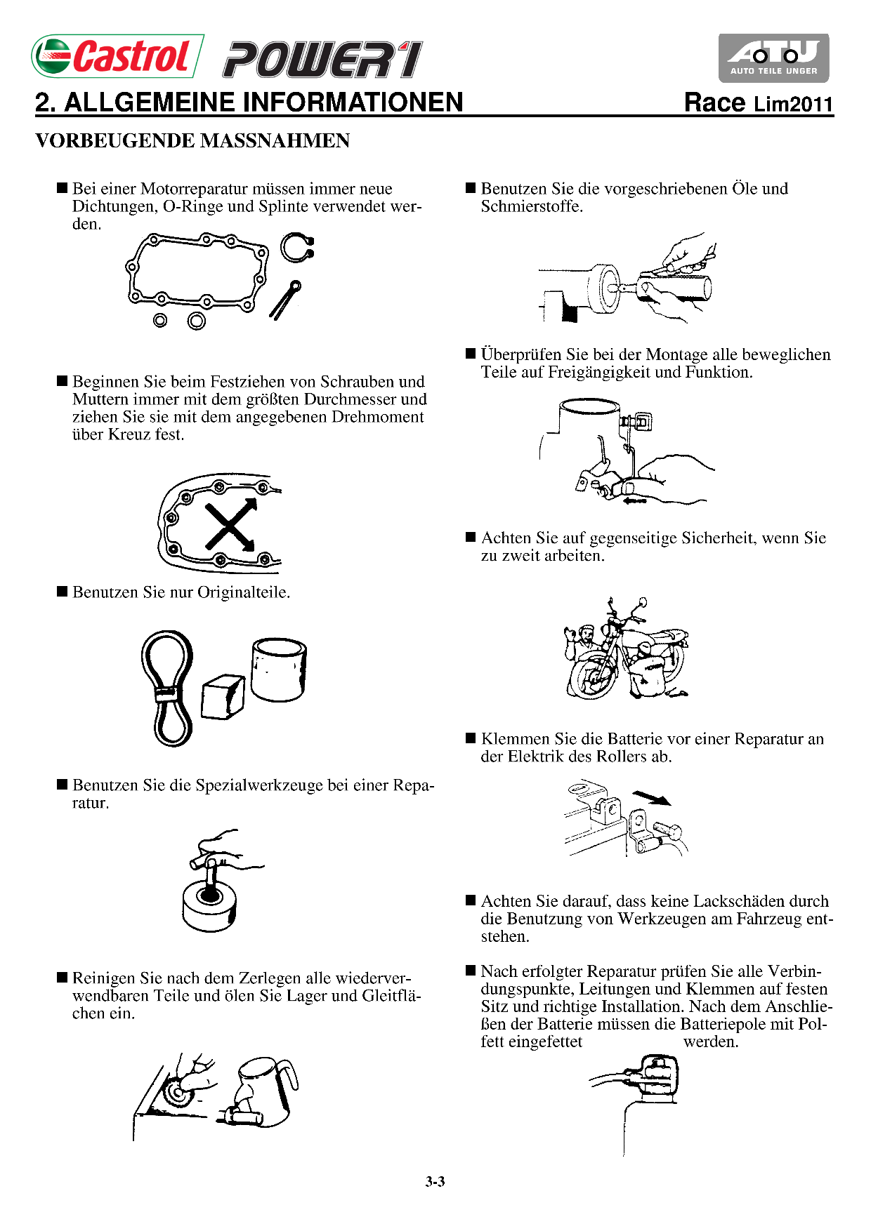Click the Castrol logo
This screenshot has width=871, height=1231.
[x=117, y=56]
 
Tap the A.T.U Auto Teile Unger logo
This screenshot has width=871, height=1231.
[x=773, y=58]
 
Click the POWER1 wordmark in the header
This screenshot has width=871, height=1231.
[x=323, y=59]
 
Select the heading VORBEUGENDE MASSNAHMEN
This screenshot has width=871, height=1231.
[x=192, y=140]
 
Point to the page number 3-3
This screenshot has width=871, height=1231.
[x=435, y=1182]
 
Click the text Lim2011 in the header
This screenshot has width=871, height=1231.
[x=793, y=105]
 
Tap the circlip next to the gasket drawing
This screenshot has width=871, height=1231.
[x=296, y=247]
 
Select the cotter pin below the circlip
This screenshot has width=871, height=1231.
[x=284, y=300]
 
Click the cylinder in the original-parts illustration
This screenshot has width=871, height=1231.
[x=279, y=670]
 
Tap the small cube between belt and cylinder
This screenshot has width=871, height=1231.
[x=223, y=697]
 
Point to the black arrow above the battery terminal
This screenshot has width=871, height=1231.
[x=651, y=798]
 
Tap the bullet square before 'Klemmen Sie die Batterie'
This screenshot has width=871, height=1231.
[x=471, y=738]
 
